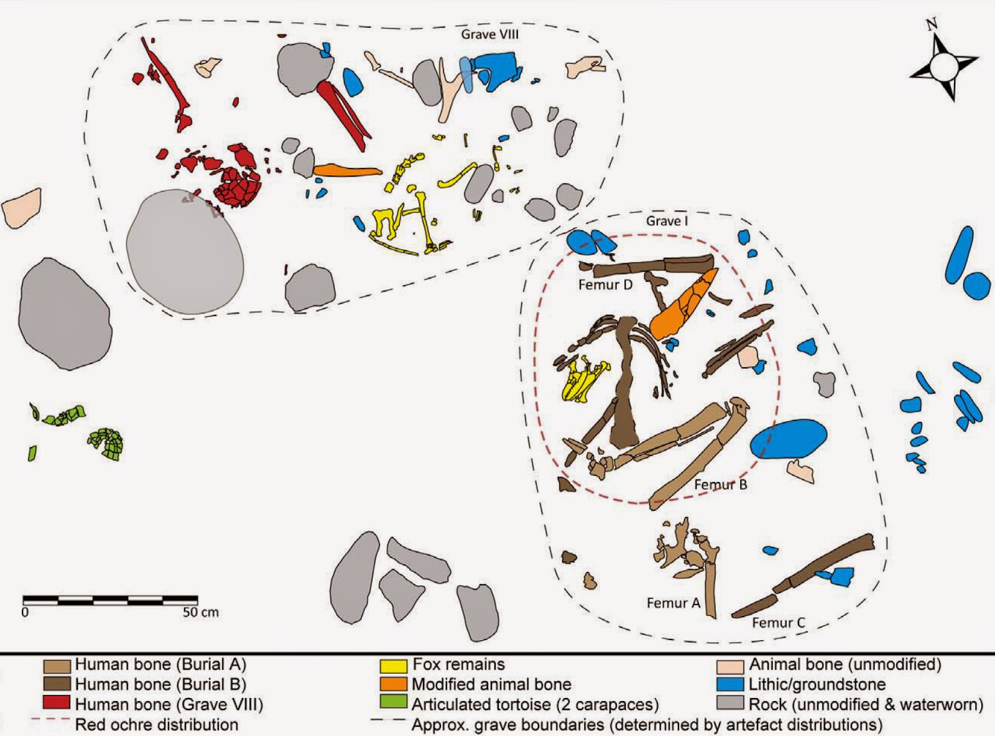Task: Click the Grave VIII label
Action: point(490,35)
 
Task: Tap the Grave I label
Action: point(667,221)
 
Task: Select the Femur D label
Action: point(605,284)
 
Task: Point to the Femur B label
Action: point(721,485)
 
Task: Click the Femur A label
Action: point(673,603)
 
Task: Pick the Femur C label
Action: point(779,623)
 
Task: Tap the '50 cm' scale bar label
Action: point(200,612)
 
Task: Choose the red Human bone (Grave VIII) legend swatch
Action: point(57,703)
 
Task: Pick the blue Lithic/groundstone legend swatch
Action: point(730,684)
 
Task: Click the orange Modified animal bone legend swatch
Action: point(394,684)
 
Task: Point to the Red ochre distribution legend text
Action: point(157,724)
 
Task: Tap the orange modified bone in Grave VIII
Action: point(347,170)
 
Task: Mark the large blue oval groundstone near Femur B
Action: point(788,439)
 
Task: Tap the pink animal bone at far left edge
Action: point(22,208)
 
